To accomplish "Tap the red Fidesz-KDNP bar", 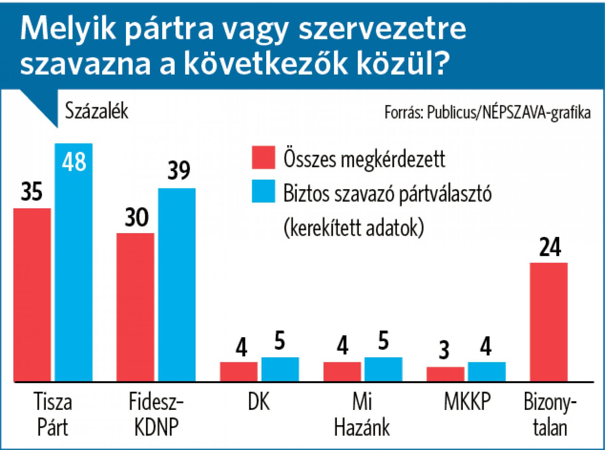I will click(x=135, y=307).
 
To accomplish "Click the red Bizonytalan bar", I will click(x=549, y=322).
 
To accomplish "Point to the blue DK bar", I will click(x=280, y=369).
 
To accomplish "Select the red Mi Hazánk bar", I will click(x=342, y=371).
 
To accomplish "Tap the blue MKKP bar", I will click(x=487, y=371).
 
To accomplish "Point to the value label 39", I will click(x=178, y=171).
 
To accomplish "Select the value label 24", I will click(x=550, y=247).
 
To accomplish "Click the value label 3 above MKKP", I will click(x=445, y=350).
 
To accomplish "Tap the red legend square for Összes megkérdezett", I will click(x=264, y=157).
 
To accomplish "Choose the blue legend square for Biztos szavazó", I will click(x=264, y=191).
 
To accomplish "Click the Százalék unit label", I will click(x=97, y=111).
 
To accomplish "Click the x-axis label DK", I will click(x=259, y=402).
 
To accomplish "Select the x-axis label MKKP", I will click(x=467, y=402).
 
